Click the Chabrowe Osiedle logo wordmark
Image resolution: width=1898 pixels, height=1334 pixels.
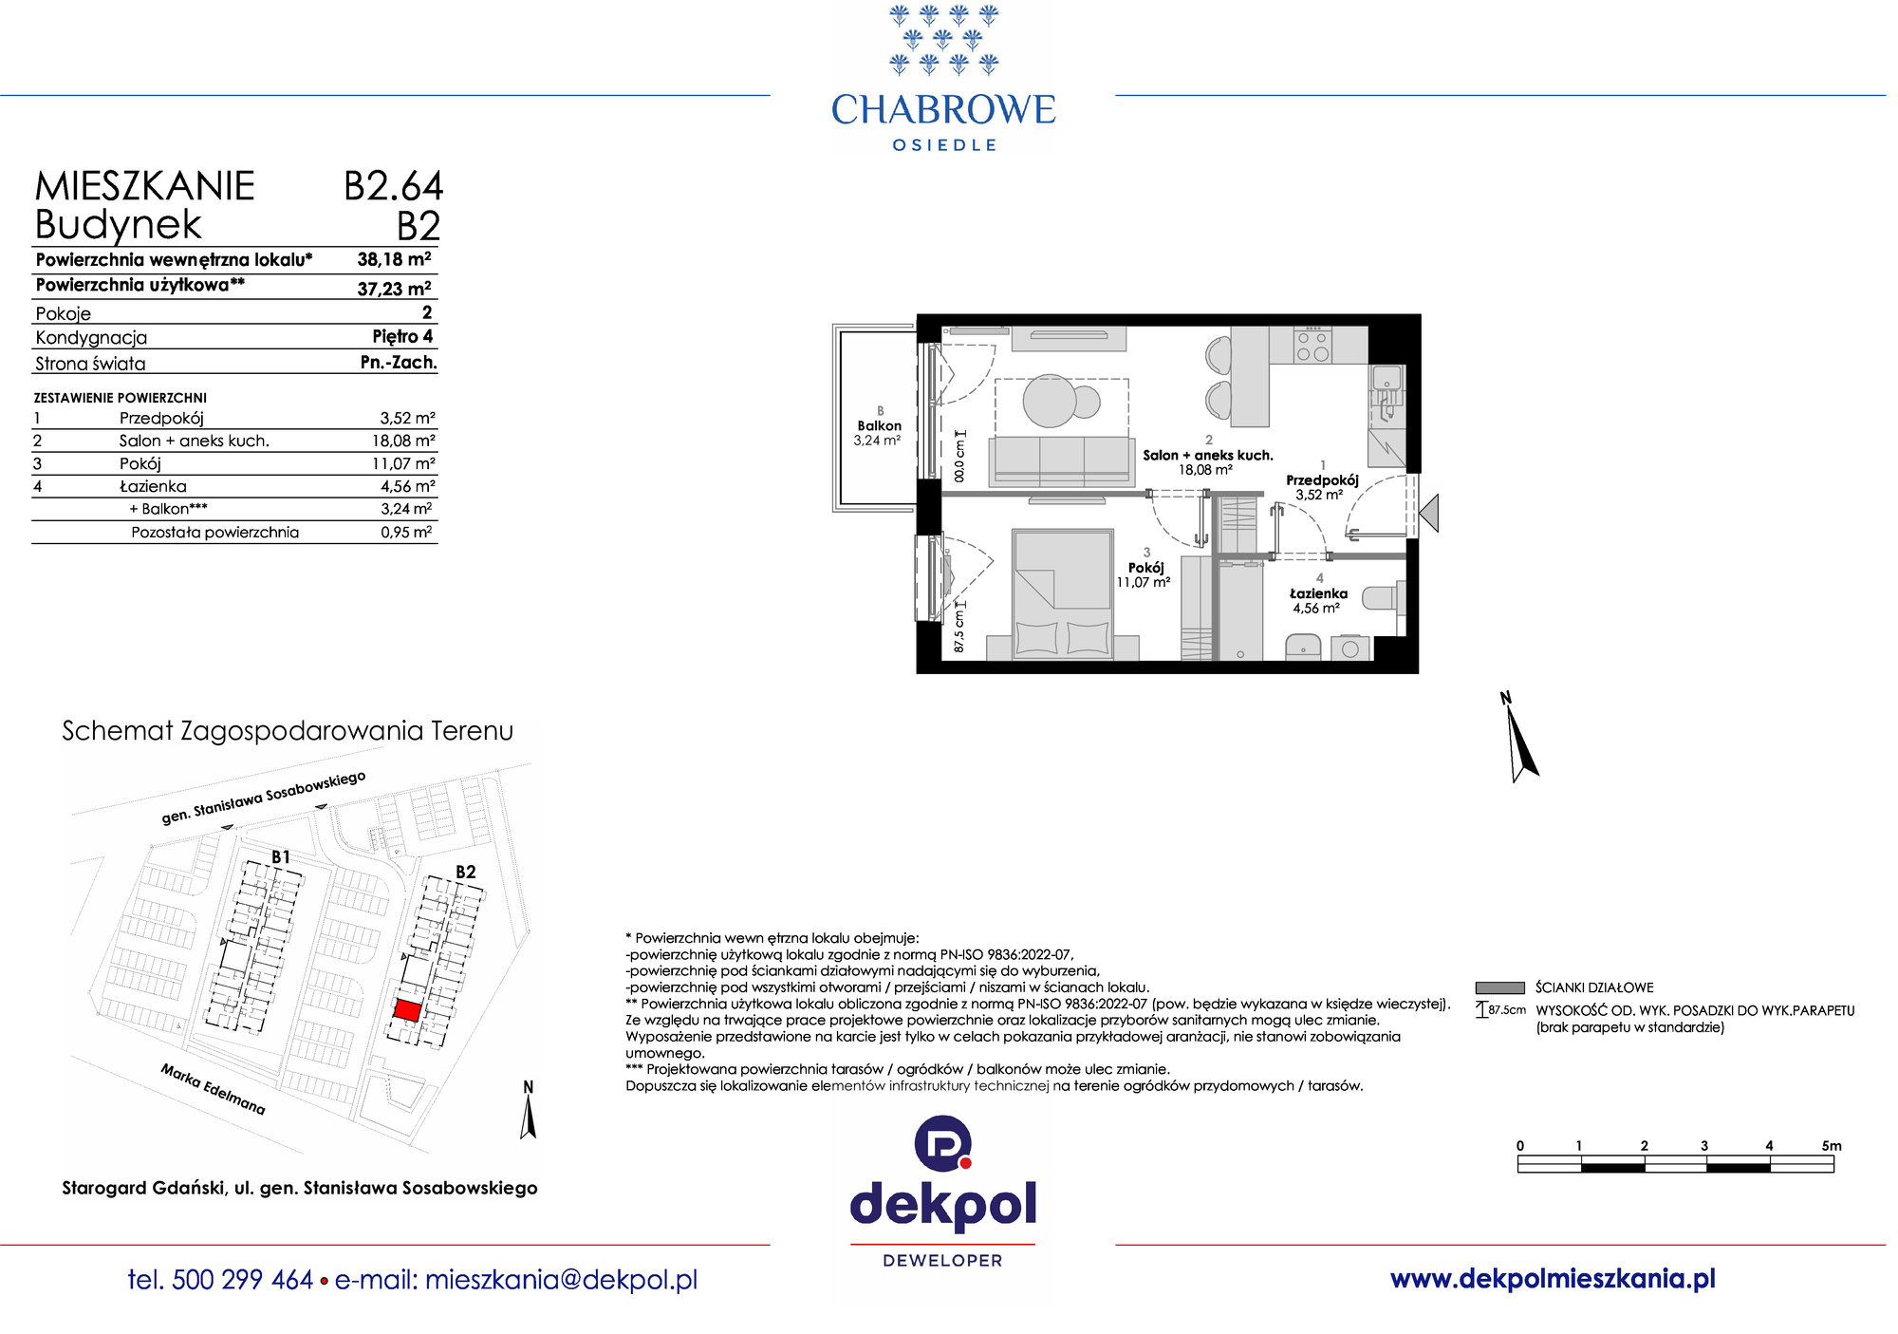(x=943, y=122)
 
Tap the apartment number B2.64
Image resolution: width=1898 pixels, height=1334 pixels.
(x=393, y=186)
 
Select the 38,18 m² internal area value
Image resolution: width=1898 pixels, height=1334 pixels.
(x=394, y=259)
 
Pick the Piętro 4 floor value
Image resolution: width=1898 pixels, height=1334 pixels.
(x=402, y=336)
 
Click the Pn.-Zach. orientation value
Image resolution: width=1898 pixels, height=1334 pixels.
(x=399, y=362)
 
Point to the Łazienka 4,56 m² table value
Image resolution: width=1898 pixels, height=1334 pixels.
(x=408, y=486)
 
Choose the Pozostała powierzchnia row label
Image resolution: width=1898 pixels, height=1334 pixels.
(x=214, y=533)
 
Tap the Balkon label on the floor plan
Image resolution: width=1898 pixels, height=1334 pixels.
(x=880, y=426)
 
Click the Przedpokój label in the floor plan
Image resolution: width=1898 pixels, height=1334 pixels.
(x=1322, y=480)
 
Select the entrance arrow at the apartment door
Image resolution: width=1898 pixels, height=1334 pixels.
(x=1429, y=514)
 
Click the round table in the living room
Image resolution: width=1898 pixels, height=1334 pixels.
(x=1050, y=401)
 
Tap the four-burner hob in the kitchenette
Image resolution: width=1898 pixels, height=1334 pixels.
(x=1312, y=346)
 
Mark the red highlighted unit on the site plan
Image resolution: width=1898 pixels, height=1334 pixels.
(x=407, y=1010)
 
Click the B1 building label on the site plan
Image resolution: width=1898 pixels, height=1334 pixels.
(x=281, y=856)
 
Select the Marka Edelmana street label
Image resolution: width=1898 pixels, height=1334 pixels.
(x=213, y=1089)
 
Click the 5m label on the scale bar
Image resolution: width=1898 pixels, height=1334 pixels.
(x=1832, y=1146)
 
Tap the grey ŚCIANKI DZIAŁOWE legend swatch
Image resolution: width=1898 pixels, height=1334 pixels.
(x=1499, y=987)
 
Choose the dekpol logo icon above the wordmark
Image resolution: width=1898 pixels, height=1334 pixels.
(x=943, y=1143)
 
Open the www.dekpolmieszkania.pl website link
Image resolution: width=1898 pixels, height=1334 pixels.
(x=1553, y=1279)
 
